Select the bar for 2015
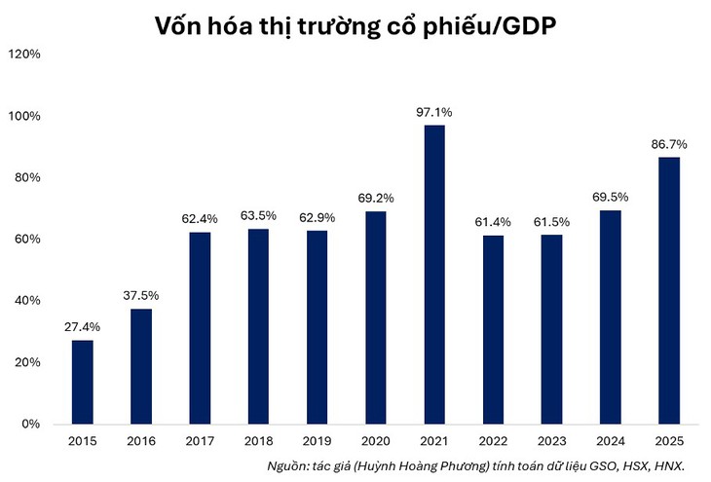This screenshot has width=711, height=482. coord(83,382)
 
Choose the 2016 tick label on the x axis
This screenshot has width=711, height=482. coord(140,441)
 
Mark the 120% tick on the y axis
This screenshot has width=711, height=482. coord(23,55)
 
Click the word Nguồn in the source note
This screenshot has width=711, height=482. coord(289,467)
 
